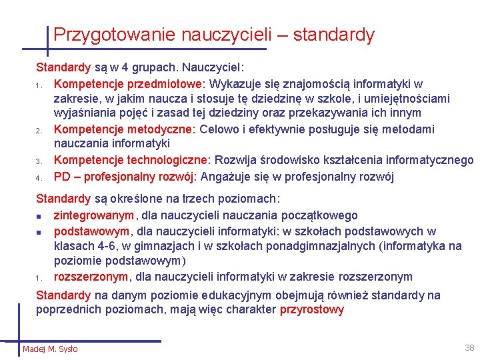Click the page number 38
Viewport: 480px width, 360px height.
[469, 347]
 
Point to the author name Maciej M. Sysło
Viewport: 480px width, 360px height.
[50, 349]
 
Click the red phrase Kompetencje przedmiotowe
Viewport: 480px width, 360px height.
[131, 84]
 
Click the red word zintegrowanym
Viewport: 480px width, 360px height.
[94, 215]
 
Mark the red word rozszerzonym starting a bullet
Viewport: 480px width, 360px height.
[91, 277]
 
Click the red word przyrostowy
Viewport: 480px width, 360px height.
[312, 309]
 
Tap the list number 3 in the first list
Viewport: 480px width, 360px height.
[39, 161]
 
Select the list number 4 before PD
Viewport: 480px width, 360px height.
[39, 177]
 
